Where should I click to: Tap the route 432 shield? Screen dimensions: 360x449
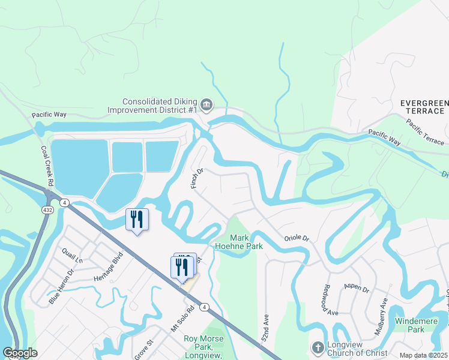pyautogui.click(x=47, y=210)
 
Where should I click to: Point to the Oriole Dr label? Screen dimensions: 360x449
pyautogui.click(x=297, y=238)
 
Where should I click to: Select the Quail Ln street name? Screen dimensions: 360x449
pyautogui.click(x=71, y=256)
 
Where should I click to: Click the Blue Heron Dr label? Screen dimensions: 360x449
pyautogui.click(x=61, y=286)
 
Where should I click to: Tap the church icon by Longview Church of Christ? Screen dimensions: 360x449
pyautogui.click(x=318, y=347)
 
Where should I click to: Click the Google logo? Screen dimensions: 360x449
pyautogui.click(x=20, y=353)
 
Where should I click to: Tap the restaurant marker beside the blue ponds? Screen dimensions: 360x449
pyautogui.click(x=136, y=220)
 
